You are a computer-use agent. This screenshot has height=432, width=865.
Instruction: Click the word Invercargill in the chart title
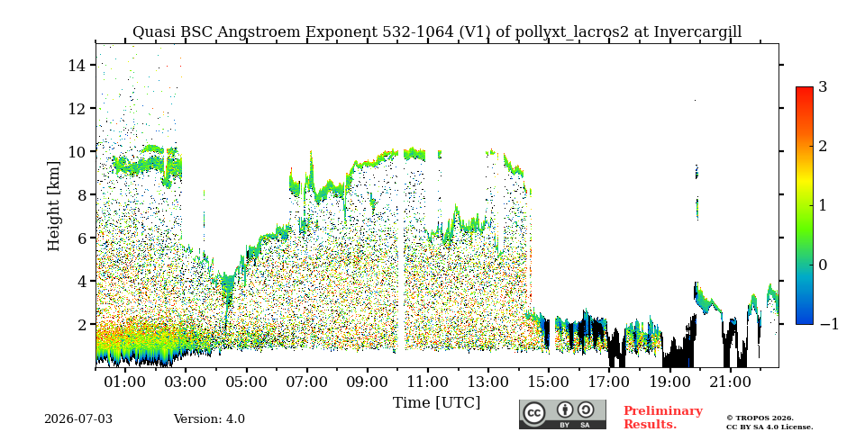697,32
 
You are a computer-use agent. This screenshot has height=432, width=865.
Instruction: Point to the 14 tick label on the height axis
77,65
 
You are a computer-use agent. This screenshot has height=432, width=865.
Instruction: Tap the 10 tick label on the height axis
77,151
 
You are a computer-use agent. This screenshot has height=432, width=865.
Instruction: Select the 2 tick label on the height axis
81,324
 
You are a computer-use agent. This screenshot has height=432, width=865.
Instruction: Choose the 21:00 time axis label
731,382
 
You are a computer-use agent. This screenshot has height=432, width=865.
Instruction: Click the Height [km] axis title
53,206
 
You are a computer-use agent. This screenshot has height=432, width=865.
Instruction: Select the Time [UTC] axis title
436,403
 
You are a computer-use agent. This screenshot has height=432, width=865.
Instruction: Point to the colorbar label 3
823,87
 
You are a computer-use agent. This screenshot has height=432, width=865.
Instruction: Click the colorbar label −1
829,324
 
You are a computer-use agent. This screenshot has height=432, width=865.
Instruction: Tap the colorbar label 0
823,265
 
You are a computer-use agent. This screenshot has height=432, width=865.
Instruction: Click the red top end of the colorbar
805,89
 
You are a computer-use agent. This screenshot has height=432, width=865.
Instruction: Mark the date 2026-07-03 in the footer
78,419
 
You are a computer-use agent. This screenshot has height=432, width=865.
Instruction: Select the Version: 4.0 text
209,419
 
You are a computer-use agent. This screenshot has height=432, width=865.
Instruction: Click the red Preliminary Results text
663,418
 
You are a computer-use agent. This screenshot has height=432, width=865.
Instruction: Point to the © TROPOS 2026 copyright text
760,418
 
